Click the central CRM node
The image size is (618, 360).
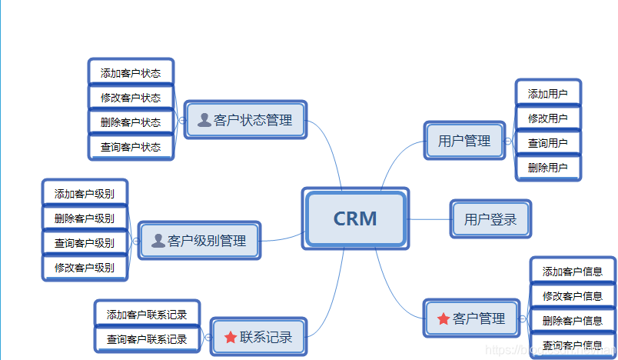pos(355,219)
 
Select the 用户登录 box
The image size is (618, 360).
pos(490,219)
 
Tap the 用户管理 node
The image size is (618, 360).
pos(464,141)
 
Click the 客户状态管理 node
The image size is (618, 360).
pos(246,120)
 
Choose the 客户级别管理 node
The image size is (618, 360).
pos(200,241)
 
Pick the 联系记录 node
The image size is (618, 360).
pos(258,337)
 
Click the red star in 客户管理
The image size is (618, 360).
pos(444,318)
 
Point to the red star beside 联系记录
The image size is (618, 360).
pos(231,337)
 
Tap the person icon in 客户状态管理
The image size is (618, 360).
pos(204,120)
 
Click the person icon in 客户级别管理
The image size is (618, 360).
pos(158,241)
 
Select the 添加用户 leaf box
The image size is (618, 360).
pos(547,94)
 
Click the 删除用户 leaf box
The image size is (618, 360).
pos(547,167)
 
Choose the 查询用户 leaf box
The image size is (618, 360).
pos(547,143)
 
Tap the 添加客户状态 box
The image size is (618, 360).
pos(131,73)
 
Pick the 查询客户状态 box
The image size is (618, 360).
pos(131,146)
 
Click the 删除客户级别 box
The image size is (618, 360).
pos(85,218)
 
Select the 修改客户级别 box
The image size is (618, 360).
pos(85,267)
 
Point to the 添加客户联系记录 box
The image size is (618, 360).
pos(147,314)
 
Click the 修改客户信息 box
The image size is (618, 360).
pos(573,295)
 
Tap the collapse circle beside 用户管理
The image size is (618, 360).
pos(508,141)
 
